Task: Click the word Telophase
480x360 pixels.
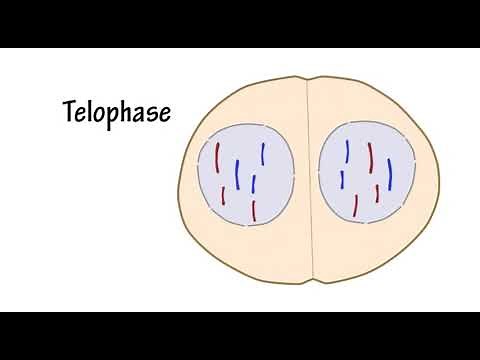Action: pos(116,111)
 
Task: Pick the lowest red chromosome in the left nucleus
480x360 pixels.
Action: pos(254,210)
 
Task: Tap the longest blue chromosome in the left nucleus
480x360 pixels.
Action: pos(237,174)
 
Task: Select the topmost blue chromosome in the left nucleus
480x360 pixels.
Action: pos(262,153)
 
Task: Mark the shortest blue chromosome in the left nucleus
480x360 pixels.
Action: pos(255,184)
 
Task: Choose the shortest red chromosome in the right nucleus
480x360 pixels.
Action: pos(377,193)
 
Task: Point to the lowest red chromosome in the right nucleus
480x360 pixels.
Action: pos(356,206)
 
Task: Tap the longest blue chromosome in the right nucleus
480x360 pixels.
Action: pos(390,174)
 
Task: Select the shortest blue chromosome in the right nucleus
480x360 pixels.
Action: pos(342,179)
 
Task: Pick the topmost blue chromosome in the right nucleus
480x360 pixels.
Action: pos(346,151)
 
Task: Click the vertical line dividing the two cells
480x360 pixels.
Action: pos(309,180)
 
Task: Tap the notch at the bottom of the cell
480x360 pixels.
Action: pos(314,281)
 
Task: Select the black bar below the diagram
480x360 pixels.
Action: pos(240,336)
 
